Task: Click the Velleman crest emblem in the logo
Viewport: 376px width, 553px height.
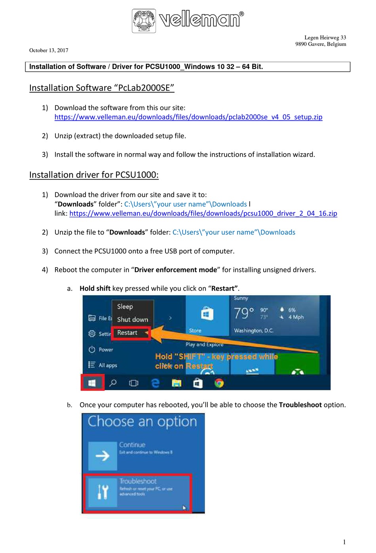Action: click(144, 21)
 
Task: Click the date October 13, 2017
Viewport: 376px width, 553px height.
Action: click(49, 50)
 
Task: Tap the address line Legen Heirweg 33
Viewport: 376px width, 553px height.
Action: click(325, 38)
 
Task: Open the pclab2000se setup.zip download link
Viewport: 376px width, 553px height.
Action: click(188, 117)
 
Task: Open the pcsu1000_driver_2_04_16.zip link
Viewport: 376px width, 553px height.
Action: click(203, 214)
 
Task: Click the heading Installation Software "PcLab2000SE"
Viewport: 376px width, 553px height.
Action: click(102, 88)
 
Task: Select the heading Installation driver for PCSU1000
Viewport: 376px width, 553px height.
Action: click(94, 175)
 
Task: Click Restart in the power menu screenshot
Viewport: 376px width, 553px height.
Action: click(127, 333)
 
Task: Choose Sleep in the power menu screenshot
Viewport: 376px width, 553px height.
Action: click(125, 306)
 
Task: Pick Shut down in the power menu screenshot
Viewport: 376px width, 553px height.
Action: click(133, 319)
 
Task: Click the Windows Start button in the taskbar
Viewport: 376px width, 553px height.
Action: click(92, 383)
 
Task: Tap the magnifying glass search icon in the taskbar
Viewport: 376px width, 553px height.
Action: click(113, 383)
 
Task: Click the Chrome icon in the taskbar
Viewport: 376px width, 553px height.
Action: click(219, 383)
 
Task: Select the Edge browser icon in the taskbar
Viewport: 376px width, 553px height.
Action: click(156, 383)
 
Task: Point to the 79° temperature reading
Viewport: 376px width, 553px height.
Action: click(244, 313)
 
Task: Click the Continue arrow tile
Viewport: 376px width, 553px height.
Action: click(103, 456)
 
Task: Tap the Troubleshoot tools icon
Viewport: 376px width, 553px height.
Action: click(103, 492)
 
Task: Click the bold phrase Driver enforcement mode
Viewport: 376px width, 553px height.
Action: click(176, 270)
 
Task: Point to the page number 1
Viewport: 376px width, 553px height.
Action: click(344, 542)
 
